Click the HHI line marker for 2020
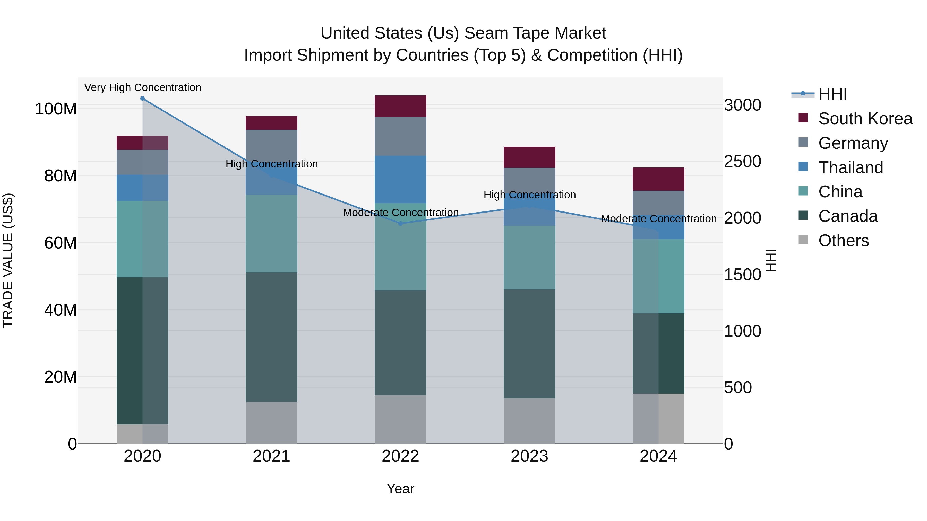point(142,99)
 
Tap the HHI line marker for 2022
point(400,223)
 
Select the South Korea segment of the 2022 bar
point(400,106)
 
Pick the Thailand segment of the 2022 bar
point(400,179)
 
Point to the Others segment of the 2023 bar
point(529,421)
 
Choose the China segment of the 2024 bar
point(658,276)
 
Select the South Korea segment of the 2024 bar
point(658,179)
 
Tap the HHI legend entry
point(832,94)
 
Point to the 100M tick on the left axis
point(56,109)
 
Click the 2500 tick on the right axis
point(742,161)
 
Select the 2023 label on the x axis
point(529,456)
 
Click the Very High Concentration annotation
point(142,87)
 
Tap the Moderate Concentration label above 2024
point(658,219)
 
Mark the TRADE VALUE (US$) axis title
point(8,260)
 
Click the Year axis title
point(400,489)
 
